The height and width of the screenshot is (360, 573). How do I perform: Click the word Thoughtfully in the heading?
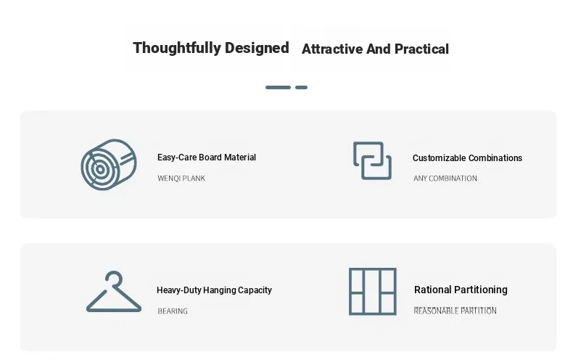[176, 49]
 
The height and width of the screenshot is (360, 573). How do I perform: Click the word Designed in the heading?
[257, 48]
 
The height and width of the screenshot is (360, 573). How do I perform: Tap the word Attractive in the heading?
[332, 49]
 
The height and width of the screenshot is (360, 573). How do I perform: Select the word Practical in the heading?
[421, 49]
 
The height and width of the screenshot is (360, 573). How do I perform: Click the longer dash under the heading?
[278, 87]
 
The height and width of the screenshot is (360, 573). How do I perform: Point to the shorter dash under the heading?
[302, 87]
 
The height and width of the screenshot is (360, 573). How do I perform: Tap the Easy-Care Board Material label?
[207, 157]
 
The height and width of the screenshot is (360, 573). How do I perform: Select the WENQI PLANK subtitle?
[181, 178]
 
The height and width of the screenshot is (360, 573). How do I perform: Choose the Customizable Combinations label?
[467, 158]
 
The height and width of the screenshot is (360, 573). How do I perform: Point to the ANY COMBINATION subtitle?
[445, 178]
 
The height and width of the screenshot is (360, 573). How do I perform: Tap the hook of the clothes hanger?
[114, 273]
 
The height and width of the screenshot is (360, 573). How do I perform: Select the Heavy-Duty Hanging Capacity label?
[214, 290]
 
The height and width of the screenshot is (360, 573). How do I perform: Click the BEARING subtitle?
[173, 311]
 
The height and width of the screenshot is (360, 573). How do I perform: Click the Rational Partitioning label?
[461, 290]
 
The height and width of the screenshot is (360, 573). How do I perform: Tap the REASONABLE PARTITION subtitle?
[455, 311]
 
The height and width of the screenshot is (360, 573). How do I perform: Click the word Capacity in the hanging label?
[255, 290]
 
